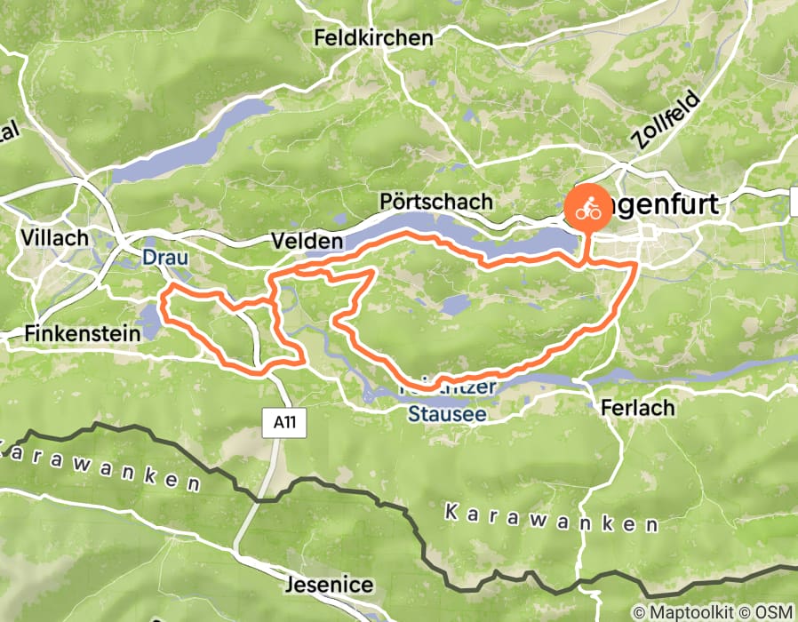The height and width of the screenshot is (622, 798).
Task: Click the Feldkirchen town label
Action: pyautogui.click(x=373, y=38)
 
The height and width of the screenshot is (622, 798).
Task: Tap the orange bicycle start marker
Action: pyautogui.click(x=587, y=210)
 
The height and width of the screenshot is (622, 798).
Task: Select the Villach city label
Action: pyautogui.click(x=56, y=238)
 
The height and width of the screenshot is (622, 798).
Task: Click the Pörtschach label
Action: pyautogui.click(x=435, y=202)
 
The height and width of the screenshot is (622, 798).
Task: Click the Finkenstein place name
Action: pyautogui.click(x=84, y=334)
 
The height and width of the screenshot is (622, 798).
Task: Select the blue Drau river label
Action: pyautogui.click(x=161, y=259)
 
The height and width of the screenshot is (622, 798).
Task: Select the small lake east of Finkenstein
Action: pyautogui.click(x=151, y=320)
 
